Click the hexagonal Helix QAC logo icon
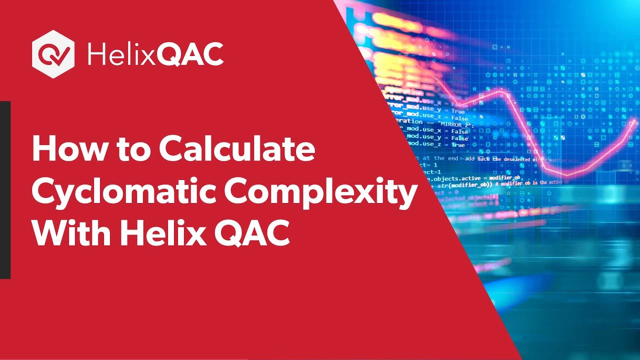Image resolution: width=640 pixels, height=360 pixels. (53, 53)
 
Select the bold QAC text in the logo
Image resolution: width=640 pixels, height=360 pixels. (190, 54)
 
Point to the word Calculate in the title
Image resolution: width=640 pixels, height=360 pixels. (237, 149)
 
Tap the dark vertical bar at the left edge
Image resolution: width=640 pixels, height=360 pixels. (5, 189)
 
